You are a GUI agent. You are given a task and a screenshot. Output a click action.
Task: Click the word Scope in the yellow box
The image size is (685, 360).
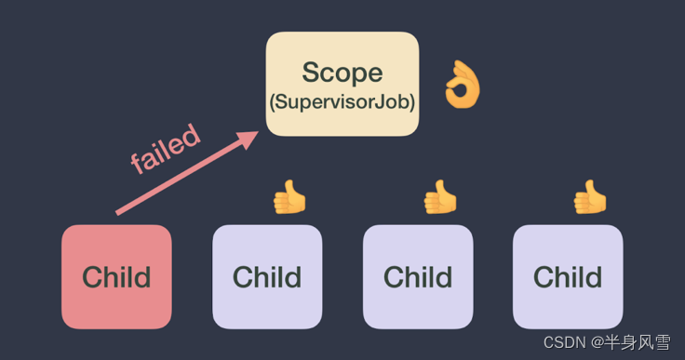pyautogui.click(x=342, y=73)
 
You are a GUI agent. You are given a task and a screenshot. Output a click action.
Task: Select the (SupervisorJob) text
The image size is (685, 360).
pyautogui.click(x=342, y=101)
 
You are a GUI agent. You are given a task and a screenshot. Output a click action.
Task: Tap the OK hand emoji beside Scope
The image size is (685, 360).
pyautogui.click(x=463, y=84)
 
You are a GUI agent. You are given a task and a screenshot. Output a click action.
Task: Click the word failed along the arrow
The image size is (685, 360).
pyautogui.click(x=166, y=149)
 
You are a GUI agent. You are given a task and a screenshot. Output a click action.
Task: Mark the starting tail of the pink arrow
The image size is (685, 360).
pyautogui.click(x=116, y=214)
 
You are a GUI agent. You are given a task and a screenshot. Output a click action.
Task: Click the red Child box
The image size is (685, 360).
pyautogui.click(x=116, y=277)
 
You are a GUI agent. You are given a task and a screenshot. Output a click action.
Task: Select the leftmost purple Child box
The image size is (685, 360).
pyautogui.click(x=267, y=277)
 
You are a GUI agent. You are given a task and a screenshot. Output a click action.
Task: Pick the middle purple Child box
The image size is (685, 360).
pyautogui.click(x=418, y=277)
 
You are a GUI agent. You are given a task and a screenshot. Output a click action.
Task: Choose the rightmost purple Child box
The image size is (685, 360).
pyautogui.click(x=568, y=277)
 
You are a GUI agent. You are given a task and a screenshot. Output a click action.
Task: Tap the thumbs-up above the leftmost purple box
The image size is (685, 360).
pyautogui.click(x=289, y=197)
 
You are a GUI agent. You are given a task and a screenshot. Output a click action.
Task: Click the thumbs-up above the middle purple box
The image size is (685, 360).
pyautogui.click(x=440, y=197)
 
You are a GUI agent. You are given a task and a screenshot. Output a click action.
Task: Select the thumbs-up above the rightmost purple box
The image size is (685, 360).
pyautogui.click(x=590, y=197)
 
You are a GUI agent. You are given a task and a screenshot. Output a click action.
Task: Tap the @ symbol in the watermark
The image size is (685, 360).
pyautogui.click(x=598, y=343)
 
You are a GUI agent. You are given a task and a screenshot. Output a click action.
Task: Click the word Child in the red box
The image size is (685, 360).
pyautogui.click(x=116, y=277)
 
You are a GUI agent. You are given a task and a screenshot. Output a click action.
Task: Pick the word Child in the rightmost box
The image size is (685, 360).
pyautogui.click(x=568, y=277)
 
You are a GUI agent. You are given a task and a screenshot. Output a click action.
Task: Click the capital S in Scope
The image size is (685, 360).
pyautogui.click(x=312, y=73)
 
